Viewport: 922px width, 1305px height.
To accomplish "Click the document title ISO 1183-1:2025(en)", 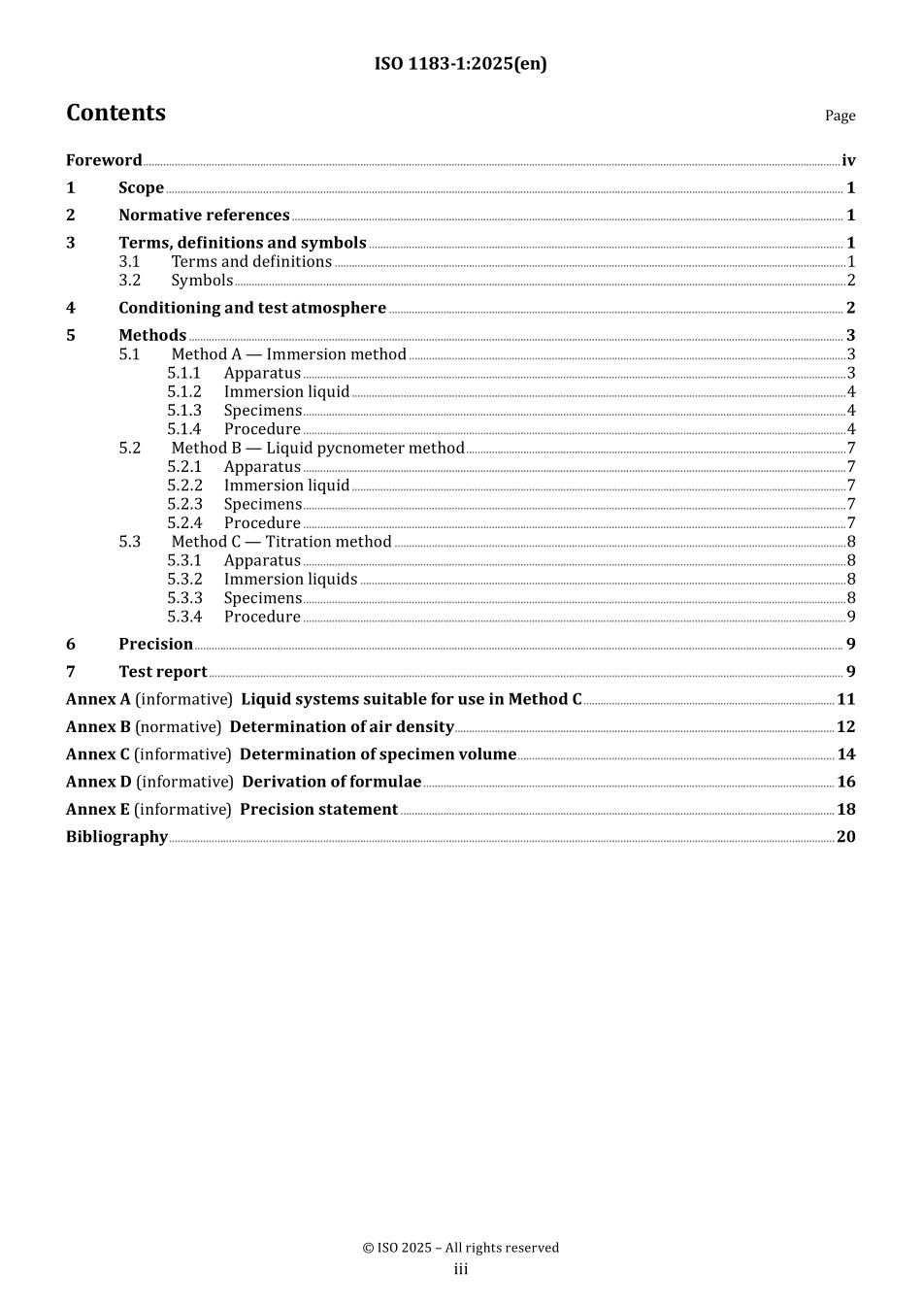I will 460,64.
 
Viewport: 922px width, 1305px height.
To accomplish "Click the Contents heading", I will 115,113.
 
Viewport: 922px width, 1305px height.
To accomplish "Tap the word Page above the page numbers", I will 840,116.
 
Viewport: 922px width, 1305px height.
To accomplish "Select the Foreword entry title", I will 104,160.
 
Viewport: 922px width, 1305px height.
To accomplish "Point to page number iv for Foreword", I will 848,160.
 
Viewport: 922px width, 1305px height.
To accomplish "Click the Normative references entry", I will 204,216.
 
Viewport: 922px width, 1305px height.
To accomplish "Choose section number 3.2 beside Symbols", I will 130,281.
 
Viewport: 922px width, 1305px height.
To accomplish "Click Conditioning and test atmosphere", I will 252,308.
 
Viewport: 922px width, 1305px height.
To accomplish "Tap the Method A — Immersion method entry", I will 288,354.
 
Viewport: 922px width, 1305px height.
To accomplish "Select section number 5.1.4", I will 184,429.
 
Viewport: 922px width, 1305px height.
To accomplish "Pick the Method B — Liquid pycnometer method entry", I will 317,448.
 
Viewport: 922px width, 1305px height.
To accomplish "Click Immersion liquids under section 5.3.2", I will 290,580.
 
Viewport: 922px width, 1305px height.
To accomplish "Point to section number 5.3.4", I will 184,617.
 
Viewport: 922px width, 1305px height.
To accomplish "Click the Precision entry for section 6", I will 155,644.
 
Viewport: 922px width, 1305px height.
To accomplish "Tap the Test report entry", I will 163,672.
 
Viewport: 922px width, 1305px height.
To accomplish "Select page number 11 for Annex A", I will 845,699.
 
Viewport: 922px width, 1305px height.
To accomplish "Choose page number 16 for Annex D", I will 845,782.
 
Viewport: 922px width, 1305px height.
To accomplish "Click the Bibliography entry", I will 116,837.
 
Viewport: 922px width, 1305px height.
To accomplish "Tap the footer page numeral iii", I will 461,1269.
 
